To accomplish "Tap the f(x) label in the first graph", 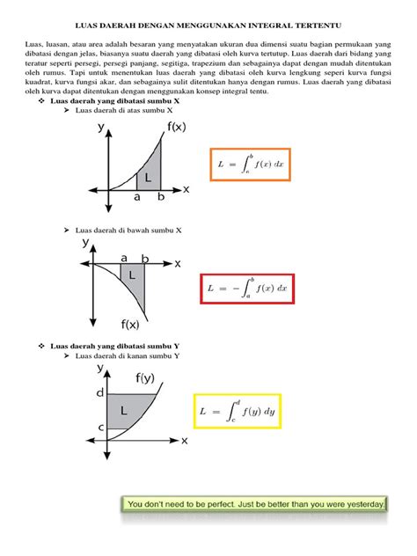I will pos(177,128).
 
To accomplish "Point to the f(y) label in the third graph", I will pos(146,378).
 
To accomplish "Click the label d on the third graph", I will pos(99,392).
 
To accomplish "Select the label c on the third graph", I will pos(100,428).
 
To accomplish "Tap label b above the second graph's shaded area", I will pos(145,259).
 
